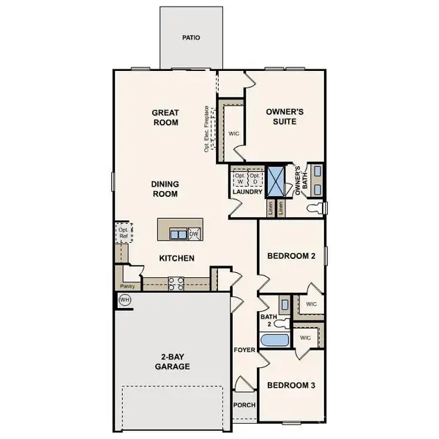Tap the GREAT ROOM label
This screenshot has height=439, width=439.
pyautogui.click(x=165, y=118)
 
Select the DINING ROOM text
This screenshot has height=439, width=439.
pyautogui.click(x=165, y=190)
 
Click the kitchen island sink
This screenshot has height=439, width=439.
pyautogui.click(x=177, y=234)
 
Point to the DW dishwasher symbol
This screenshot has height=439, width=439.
pyautogui.click(x=195, y=234)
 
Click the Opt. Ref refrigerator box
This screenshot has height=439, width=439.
pyautogui.click(x=123, y=233)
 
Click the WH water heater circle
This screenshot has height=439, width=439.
pyautogui.click(x=124, y=300)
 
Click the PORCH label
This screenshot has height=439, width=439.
pyautogui.click(x=244, y=405)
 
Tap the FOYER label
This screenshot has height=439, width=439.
pyautogui.click(x=244, y=350)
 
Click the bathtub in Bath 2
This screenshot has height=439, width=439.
pyautogui.click(x=274, y=340)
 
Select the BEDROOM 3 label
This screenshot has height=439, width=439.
pyautogui.click(x=290, y=385)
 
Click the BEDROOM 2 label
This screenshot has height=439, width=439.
pyautogui.click(x=290, y=256)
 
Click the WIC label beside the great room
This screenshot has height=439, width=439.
pyautogui.click(x=233, y=134)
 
